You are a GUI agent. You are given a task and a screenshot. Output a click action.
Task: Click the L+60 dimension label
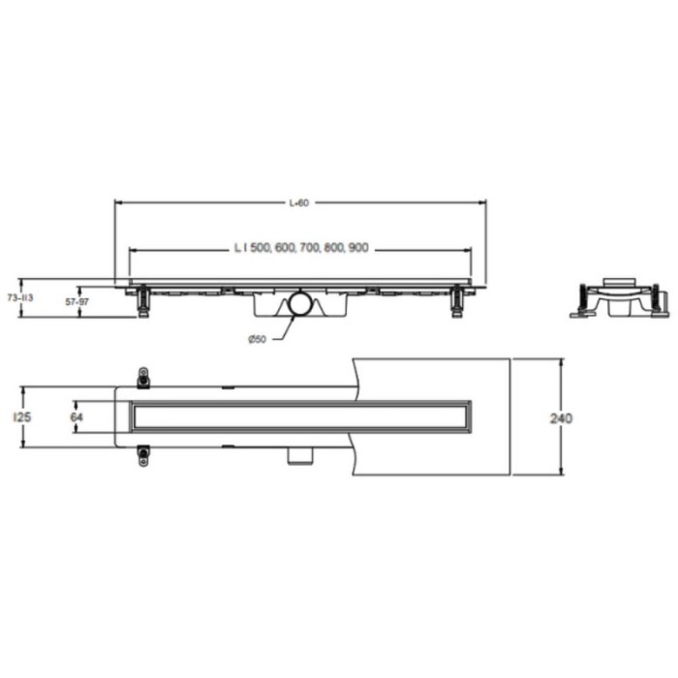point(299,202)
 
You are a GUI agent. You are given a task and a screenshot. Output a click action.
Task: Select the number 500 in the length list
point(260,248)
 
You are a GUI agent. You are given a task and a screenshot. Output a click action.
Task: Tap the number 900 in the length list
point(357,248)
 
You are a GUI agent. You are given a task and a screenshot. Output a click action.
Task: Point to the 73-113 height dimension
point(20,298)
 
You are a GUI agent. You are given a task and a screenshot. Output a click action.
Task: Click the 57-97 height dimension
point(77,302)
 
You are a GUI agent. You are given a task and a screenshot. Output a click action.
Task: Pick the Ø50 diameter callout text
point(257,339)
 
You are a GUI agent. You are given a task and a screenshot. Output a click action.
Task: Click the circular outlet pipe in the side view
point(300,303)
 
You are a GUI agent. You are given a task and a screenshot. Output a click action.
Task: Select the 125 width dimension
point(22,417)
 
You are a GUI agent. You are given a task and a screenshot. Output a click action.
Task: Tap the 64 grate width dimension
point(77,417)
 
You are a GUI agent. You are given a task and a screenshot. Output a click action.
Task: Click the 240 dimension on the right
point(561,418)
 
